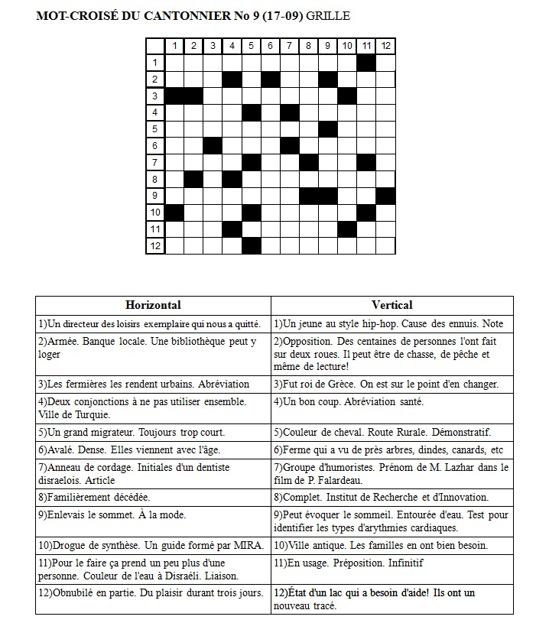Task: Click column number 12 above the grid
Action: click(385, 46)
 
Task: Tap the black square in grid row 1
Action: click(366, 62)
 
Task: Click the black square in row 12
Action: click(252, 245)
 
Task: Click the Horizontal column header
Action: click(153, 305)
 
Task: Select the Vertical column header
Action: click(391, 305)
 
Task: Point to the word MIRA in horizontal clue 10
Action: click(248, 546)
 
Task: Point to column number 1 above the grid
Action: click(175, 46)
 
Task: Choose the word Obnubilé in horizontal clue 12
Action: click(75, 592)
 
